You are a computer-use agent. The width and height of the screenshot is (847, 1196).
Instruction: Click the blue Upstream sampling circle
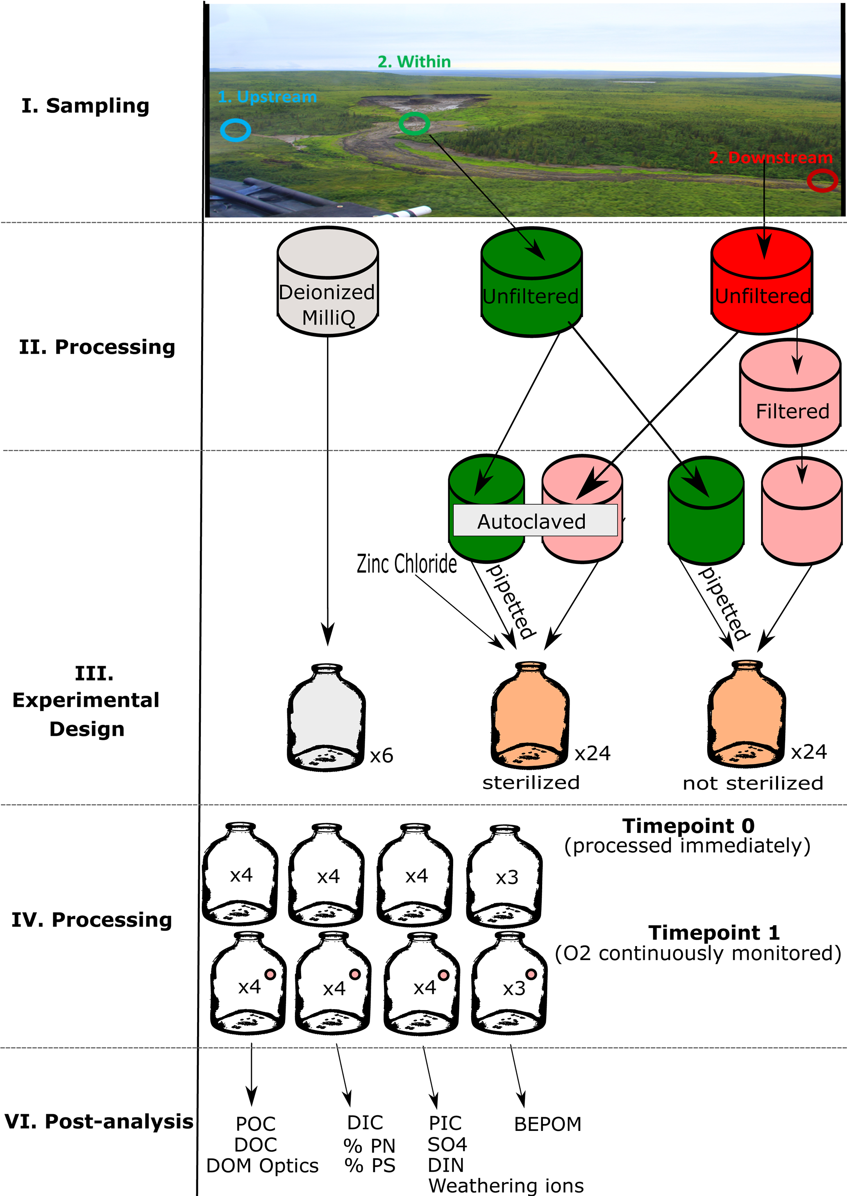pyautogui.click(x=235, y=130)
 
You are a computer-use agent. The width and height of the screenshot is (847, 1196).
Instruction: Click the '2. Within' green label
pyautogui.click(x=414, y=61)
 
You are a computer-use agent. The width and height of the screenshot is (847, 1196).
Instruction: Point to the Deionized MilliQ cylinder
pyautogui.click(x=327, y=281)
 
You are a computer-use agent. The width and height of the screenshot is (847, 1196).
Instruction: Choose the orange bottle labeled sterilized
pyautogui.click(x=530, y=715)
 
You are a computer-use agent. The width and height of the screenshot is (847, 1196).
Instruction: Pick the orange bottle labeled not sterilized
pyautogui.click(x=746, y=714)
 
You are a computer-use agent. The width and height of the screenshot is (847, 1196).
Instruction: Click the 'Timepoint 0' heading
pyautogui.click(x=688, y=826)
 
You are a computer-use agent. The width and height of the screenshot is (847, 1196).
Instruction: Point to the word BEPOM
pyautogui.click(x=547, y=1124)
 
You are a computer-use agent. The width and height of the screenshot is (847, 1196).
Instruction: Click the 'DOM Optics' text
pyautogui.click(x=262, y=1166)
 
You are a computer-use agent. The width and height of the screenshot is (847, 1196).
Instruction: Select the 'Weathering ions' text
pyautogui.click(x=506, y=1186)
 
